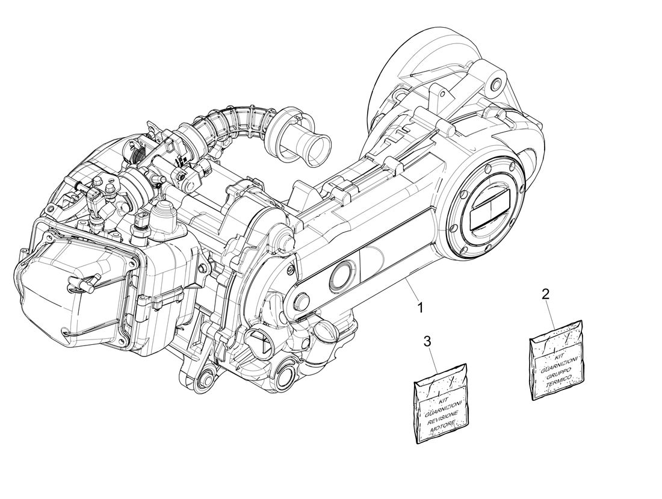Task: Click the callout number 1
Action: coord(421,307)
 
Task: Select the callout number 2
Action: coord(545,294)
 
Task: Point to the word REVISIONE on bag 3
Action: coord(443,416)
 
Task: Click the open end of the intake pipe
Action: coord(317,147)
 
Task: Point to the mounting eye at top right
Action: coord(495,84)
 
